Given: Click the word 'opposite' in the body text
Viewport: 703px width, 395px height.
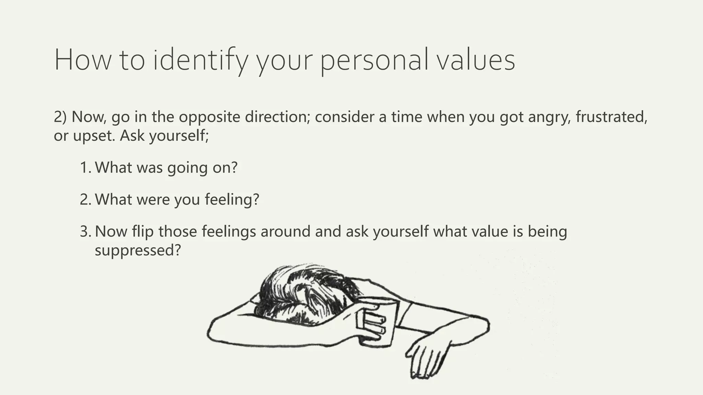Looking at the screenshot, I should pos(209,117).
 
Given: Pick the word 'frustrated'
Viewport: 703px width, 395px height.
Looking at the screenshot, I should pos(611,117).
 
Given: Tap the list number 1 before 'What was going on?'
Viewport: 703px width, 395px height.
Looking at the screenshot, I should pos(85,168).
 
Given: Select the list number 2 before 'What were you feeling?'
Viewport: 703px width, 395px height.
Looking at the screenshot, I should pos(85,200).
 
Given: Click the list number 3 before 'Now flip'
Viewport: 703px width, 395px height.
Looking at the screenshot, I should pos(85,231).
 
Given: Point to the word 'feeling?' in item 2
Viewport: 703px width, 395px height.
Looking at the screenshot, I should pos(232,200).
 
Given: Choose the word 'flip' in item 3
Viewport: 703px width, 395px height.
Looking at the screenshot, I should pos(142,231).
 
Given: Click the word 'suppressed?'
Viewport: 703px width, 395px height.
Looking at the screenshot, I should pos(138,250).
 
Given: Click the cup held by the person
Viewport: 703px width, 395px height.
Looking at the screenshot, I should pos(381,322).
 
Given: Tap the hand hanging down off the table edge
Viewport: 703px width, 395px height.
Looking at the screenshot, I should pos(426,357).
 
